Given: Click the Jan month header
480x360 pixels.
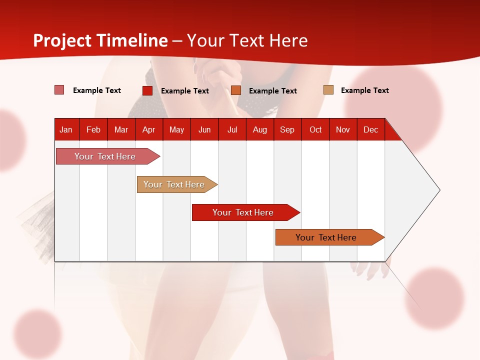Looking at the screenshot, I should click(x=66, y=129).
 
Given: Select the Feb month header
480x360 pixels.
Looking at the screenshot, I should click(x=93, y=129).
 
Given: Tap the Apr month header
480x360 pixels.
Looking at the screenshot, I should click(x=148, y=129).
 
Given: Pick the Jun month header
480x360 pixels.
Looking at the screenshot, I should click(x=204, y=129).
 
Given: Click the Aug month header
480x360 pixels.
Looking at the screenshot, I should click(x=259, y=129).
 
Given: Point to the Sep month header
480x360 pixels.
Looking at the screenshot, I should click(x=287, y=129).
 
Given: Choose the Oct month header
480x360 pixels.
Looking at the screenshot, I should click(x=315, y=129).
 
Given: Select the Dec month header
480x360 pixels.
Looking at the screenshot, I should click(x=370, y=129).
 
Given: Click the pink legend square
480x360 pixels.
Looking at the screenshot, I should click(x=59, y=90).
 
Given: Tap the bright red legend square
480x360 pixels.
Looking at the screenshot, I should click(x=147, y=90).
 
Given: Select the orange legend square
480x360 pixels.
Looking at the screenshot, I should click(x=236, y=90).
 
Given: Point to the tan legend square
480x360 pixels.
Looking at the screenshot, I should click(x=328, y=90).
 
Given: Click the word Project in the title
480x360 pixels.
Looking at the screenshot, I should click(x=62, y=40).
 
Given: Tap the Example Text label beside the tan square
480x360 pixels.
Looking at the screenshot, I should click(x=364, y=90).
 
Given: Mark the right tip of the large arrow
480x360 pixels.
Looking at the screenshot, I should click(x=439, y=190).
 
